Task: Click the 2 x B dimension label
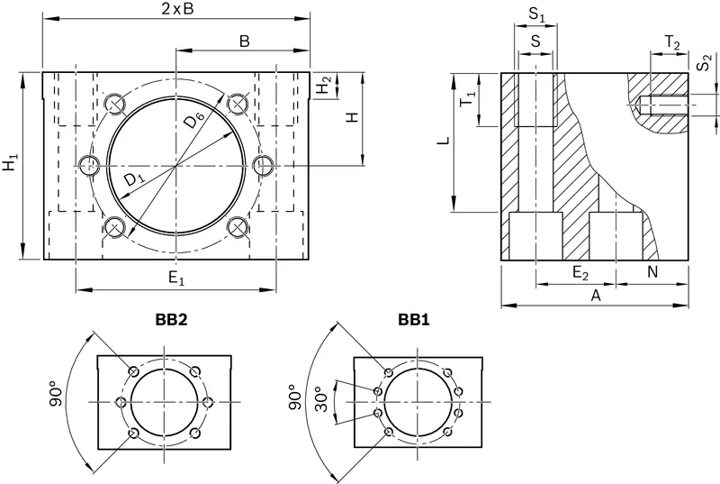pyautogui.click(x=177, y=10)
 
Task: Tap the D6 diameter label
pyautogui.click(x=193, y=122)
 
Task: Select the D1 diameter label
pyautogui.click(x=134, y=178)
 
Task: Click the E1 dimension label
pyautogui.click(x=176, y=279)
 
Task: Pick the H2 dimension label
pyautogui.click(x=325, y=85)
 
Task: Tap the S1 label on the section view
pyautogui.click(x=536, y=14)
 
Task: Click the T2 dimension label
pyautogui.click(x=672, y=42)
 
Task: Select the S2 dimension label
pyautogui.click(x=704, y=62)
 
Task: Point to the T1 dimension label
pyautogui.click(x=468, y=98)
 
